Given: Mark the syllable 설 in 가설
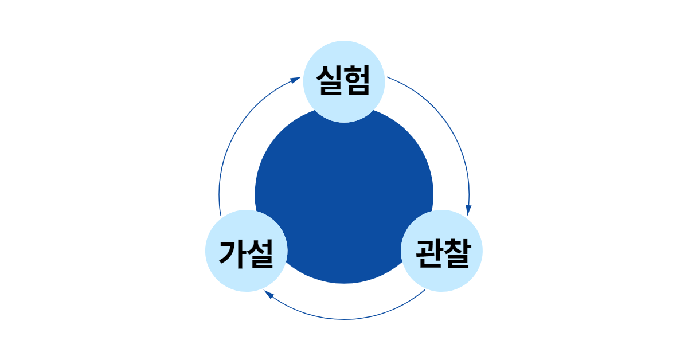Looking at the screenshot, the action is coord(259,253).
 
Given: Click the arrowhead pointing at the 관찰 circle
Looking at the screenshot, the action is coord(468,210).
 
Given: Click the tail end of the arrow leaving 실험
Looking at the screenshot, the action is coord(388,77).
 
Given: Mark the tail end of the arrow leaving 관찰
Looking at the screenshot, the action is coord(424,291).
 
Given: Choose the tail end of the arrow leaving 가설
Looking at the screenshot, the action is coord(220,215).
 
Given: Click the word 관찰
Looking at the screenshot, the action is coord(441,253).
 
